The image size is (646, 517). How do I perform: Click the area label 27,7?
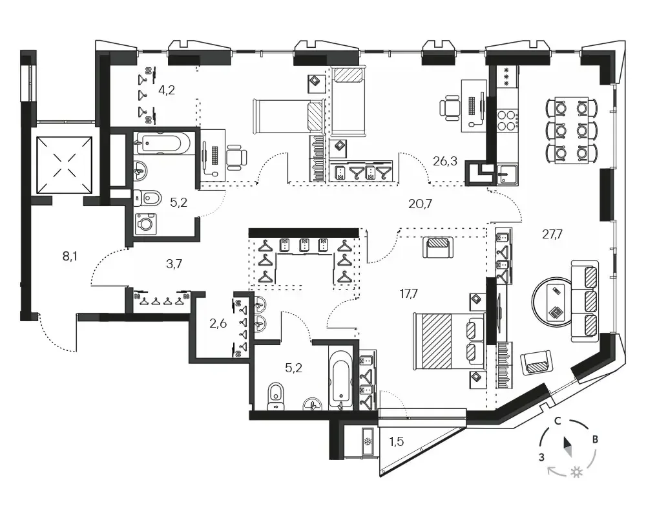[552, 235]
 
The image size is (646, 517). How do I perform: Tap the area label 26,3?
[445, 161]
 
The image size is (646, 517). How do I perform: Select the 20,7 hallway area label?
[421, 204]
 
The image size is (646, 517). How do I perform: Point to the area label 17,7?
[409, 293]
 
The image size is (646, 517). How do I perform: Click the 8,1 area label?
[70, 257]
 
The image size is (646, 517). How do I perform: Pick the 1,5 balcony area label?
[397, 441]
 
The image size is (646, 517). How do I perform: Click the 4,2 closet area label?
[167, 89]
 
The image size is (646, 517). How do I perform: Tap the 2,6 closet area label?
[218, 323]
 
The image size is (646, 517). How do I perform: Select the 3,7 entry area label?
[174, 264]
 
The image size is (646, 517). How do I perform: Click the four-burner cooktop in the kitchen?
[507, 120]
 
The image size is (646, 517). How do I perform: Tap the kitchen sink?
[507, 174]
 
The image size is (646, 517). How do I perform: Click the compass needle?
[568, 447]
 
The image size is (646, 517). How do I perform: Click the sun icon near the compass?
[576, 472]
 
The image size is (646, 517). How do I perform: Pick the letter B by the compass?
[595, 439]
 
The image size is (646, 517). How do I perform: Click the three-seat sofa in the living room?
[585, 301]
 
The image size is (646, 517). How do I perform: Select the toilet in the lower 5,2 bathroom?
[275, 397]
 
